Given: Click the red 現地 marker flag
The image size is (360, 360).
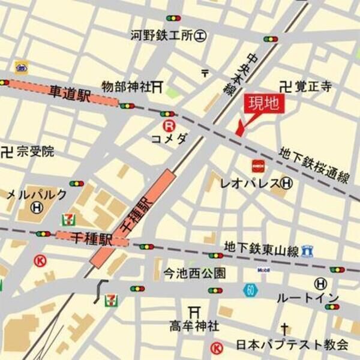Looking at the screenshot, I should [263, 104].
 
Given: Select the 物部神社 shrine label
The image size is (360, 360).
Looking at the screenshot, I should [127, 87].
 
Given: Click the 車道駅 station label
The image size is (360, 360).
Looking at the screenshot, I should [69, 94].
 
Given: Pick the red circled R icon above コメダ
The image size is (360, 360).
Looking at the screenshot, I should [170, 126].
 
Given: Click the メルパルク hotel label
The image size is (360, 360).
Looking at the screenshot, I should [37, 194].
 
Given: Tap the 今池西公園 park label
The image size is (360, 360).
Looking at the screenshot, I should [195, 274].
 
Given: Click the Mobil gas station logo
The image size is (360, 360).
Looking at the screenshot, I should [263, 270].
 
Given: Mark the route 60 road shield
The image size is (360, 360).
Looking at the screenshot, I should [251, 290].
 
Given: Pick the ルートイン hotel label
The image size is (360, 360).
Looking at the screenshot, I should [307, 298].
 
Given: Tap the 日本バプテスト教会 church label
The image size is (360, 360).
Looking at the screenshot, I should [292, 345].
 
